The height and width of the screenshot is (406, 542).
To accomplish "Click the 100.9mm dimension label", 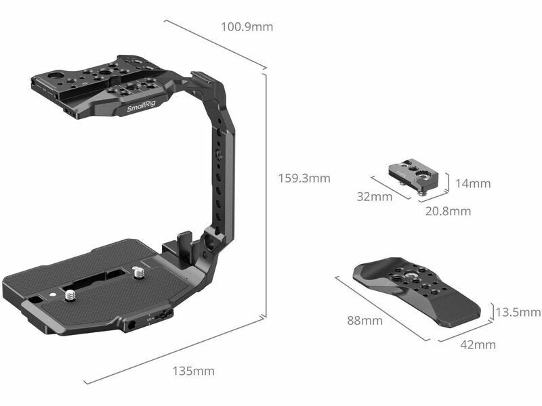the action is tap(247, 26).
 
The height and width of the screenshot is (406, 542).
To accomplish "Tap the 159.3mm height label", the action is tap(304, 178).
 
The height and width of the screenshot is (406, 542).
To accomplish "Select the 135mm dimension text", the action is tap(194, 371).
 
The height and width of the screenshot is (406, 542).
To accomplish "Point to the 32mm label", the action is tap(375, 197).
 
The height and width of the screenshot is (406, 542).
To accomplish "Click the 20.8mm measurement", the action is tap(448, 211).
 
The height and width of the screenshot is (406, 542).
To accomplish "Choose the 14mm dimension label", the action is tap(472, 183).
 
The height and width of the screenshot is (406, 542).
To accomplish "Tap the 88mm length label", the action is tap(364, 321).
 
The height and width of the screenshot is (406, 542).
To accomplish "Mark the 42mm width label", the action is tap(478, 344).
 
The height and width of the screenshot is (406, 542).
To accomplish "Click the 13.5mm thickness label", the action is tap(518, 312).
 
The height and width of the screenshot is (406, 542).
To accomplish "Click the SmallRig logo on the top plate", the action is tap(141, 106).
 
